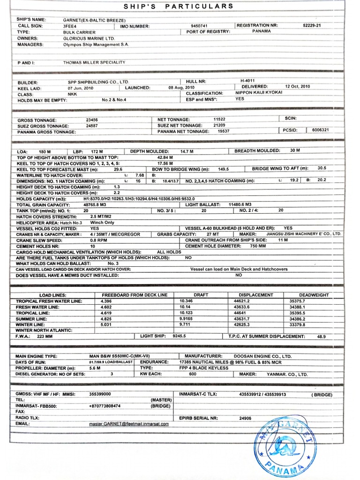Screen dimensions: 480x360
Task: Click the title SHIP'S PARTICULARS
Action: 178,6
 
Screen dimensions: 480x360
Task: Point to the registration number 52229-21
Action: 312,25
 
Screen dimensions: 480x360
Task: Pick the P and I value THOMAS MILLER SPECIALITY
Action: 94,62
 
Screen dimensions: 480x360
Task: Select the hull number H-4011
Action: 247,81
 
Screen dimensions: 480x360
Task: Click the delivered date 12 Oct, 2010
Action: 297,87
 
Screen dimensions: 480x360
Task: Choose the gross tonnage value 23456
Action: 92,120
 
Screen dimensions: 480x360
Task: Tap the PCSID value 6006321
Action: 320,130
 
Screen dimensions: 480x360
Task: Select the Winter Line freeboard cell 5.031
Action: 106,324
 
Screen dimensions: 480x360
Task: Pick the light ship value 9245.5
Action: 179,336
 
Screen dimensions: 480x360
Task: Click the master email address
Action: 129,423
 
